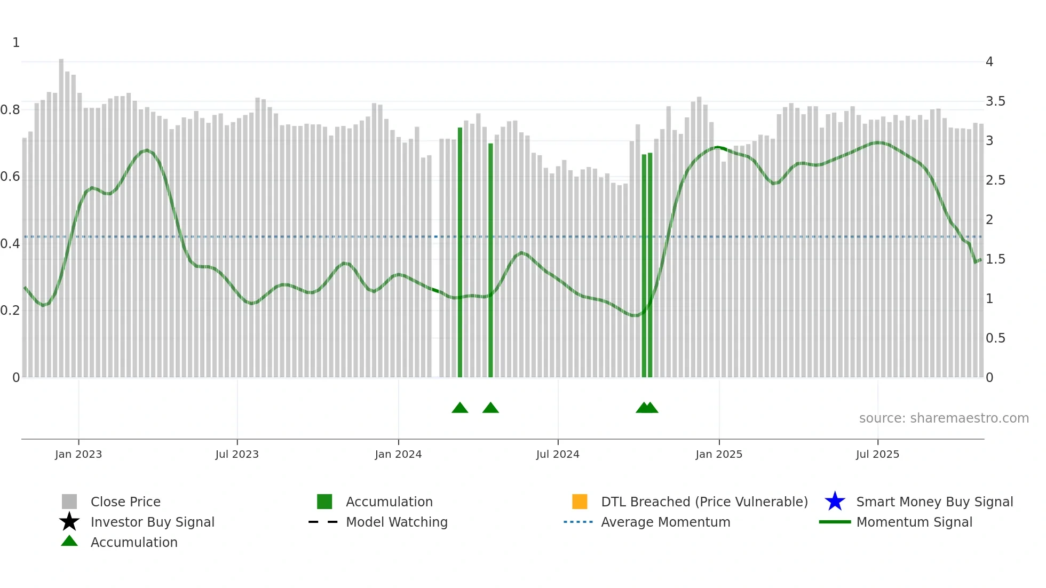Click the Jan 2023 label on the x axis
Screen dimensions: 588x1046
[78, 455]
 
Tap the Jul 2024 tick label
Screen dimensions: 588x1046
[558, 455]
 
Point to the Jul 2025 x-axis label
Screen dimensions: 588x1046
[877, 455]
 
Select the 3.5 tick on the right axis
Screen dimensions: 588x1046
[995, 101]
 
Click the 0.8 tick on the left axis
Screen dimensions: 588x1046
[10, 110]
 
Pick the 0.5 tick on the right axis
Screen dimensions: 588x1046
[995, 338]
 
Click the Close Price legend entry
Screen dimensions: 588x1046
[125, 502]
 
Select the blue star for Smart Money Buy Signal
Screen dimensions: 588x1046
[835, 502]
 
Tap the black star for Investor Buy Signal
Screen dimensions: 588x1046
[69, 522]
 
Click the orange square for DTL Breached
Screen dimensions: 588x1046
[580, 502]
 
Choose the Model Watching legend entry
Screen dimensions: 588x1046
[397, 522]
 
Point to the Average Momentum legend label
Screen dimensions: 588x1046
[665, 522]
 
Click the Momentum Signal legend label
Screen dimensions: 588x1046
[914, 522]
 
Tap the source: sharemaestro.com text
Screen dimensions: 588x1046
[944, 418]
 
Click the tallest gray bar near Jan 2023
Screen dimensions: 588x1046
[61, 213]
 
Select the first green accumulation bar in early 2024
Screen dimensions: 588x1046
[460, 251]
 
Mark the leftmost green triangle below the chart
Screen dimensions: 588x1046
[460, 408]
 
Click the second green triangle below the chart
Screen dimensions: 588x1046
[490, 408]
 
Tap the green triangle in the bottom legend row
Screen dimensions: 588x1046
[69, 542]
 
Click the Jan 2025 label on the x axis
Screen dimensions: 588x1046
[719, 455]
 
